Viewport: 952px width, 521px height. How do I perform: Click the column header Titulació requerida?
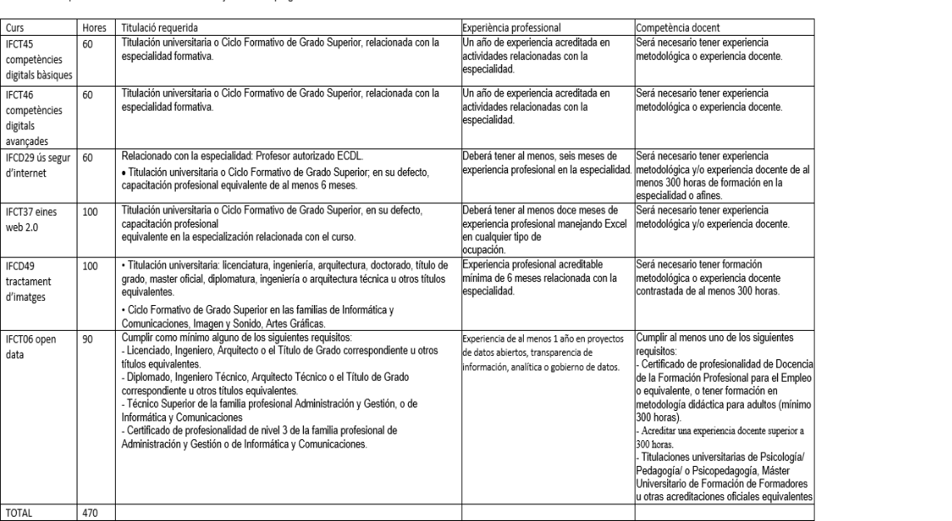(x=154, y=28)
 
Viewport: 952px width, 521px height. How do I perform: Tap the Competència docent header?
(x=671, y=28)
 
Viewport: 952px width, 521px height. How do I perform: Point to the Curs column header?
(x=14, y=28)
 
